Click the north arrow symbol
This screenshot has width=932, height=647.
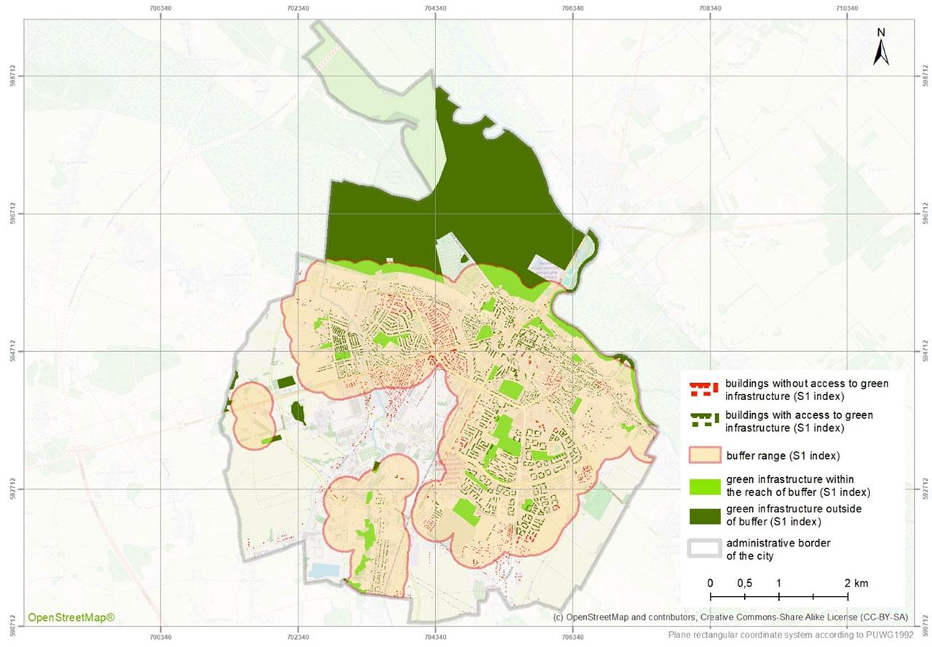(880, 52)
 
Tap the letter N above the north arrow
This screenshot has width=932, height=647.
(880, 32)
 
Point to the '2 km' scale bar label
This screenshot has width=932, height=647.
(856, 584)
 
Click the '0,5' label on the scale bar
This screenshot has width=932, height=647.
(744, 584)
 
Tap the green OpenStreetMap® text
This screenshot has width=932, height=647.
(71, 618)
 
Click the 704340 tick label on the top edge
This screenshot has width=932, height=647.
(435, 9)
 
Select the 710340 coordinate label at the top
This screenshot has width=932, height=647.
(848, 9)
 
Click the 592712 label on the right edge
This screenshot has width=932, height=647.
(925, 489)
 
